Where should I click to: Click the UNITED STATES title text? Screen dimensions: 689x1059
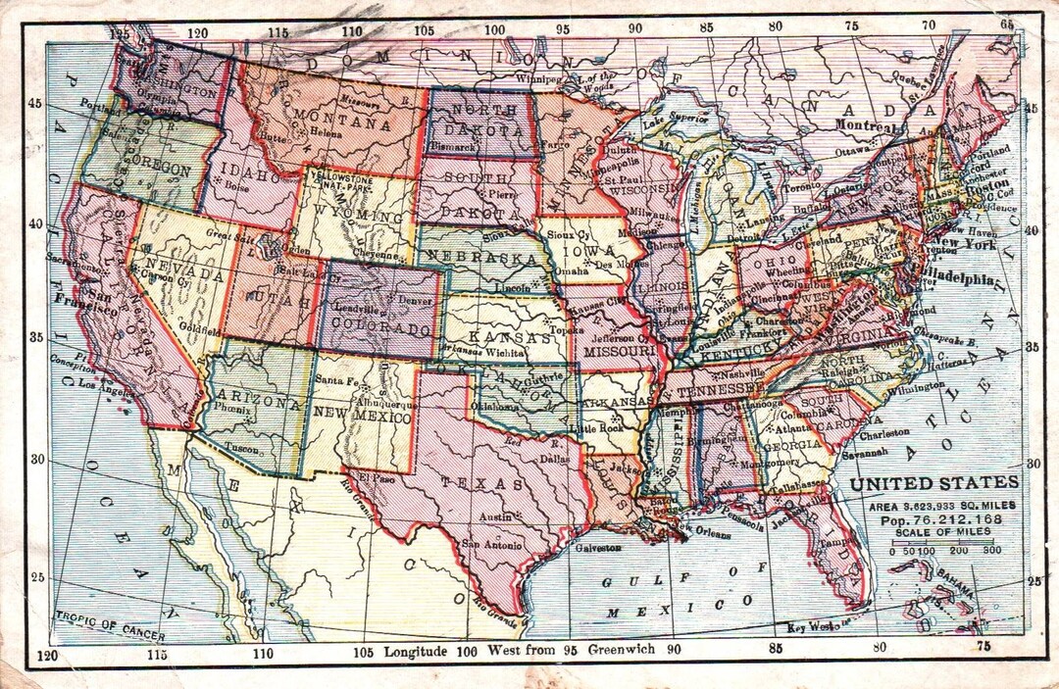click(x=933, y=482)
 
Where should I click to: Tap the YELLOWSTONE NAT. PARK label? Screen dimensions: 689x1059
click(x=338, y=180)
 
